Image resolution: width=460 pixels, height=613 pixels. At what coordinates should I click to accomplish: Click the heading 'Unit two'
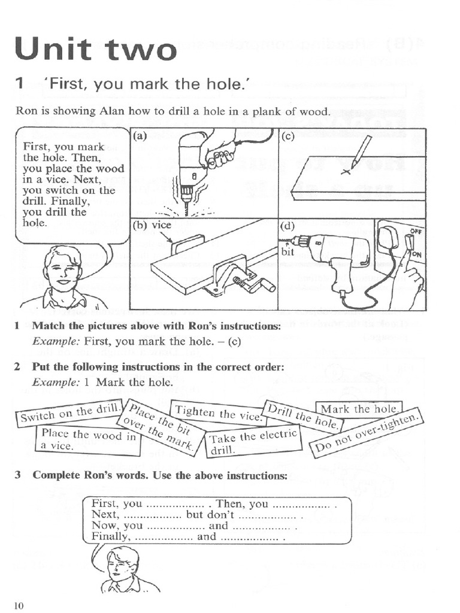pyautogui.click(x=96, y=49)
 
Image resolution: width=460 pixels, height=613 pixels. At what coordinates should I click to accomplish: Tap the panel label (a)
pyautogui.click(x=140, y=136)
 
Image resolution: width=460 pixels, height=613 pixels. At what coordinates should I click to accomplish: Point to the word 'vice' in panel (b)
pyautogui.click(x=161, y=226)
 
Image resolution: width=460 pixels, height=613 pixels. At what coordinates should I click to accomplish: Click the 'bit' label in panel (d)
pyautogui.click(x=287, y=252)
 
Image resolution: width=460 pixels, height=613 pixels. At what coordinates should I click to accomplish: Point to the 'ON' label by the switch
pyautogui.click(x=417, y=253)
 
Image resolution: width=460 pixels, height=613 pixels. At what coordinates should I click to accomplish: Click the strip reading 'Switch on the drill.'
pyautogui.click(x=70, y=413)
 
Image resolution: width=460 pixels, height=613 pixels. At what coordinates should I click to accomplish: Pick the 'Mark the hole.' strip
pyautogui.click(x=359, y=409)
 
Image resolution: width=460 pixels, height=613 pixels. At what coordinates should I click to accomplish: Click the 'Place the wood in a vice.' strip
pyautogui.click(x=88, y=440)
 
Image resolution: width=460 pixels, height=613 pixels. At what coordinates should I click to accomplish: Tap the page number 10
pyautogui.click(x=19, y=606)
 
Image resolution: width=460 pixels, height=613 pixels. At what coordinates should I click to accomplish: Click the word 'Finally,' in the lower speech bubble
pyautogui.click(x=110, y=536)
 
